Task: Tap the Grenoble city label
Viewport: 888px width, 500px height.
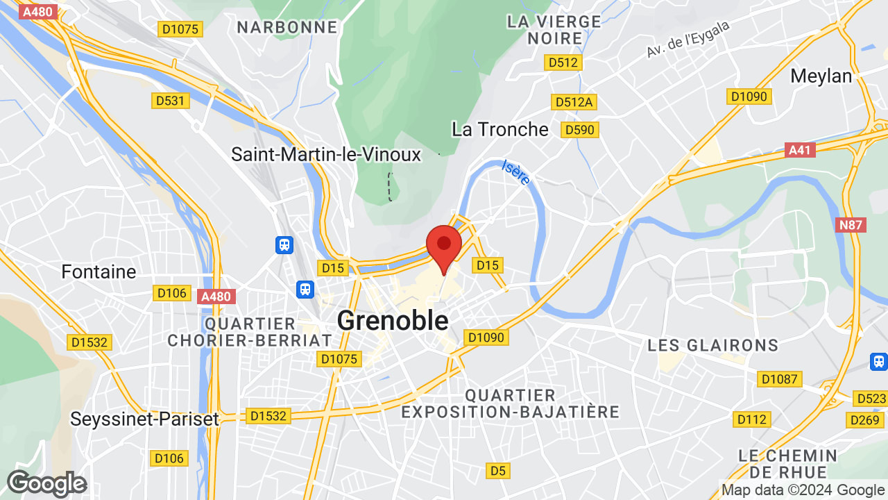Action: [393, 321]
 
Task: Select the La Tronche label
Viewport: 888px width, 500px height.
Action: [499, 129]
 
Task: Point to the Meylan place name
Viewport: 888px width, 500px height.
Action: [821, 76]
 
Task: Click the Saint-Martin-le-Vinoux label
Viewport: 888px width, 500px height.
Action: [326, 154]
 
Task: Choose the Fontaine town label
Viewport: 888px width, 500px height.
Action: [99, 272]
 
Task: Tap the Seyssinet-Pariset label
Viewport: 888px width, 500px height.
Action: [144, 419]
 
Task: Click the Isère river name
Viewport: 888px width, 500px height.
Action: [516, 173]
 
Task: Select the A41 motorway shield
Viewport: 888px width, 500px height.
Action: [801, 150]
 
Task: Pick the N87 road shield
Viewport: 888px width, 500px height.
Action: [851, 224]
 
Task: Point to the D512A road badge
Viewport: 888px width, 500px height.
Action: [574, 102]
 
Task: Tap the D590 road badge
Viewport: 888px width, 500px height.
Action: [580, 130]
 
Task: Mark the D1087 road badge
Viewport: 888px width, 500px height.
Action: [780, 379]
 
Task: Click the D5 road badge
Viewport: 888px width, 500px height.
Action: [497, 471]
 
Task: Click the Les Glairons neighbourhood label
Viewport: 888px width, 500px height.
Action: [712, 345]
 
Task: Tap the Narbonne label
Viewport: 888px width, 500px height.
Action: [287, 27]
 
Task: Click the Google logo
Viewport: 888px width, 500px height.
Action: [46, 483]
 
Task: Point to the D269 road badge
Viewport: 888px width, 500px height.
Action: [863, 419]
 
